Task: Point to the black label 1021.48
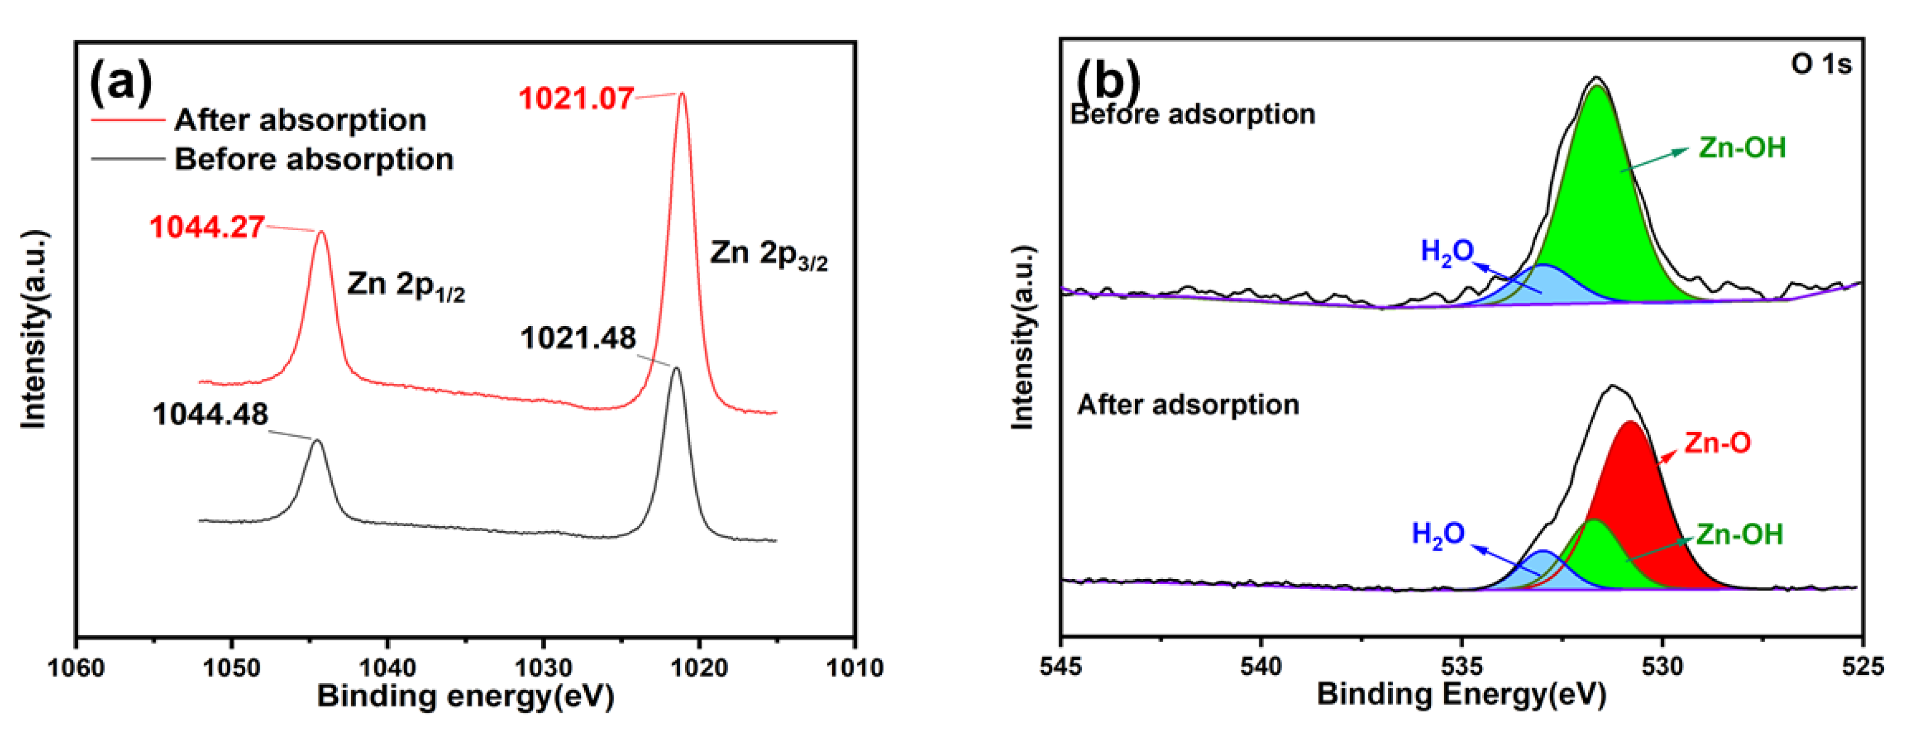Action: coord(578,339)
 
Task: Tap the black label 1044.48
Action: coord(210,415)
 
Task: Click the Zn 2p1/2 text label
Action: coord(406,285)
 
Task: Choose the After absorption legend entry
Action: coord(299,120)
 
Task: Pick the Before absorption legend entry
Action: coord(313,159)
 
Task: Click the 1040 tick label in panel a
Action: coord(386,667)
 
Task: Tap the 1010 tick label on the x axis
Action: coord(854,667)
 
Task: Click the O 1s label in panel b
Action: coord(1820,65)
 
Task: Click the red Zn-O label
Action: coord(1717,444)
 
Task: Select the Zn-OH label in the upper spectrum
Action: coord(1741,148)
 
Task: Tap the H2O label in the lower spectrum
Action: coord(1438,534)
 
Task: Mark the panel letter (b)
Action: coord(1108,80)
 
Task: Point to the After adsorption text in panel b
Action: coord(1188,405)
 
